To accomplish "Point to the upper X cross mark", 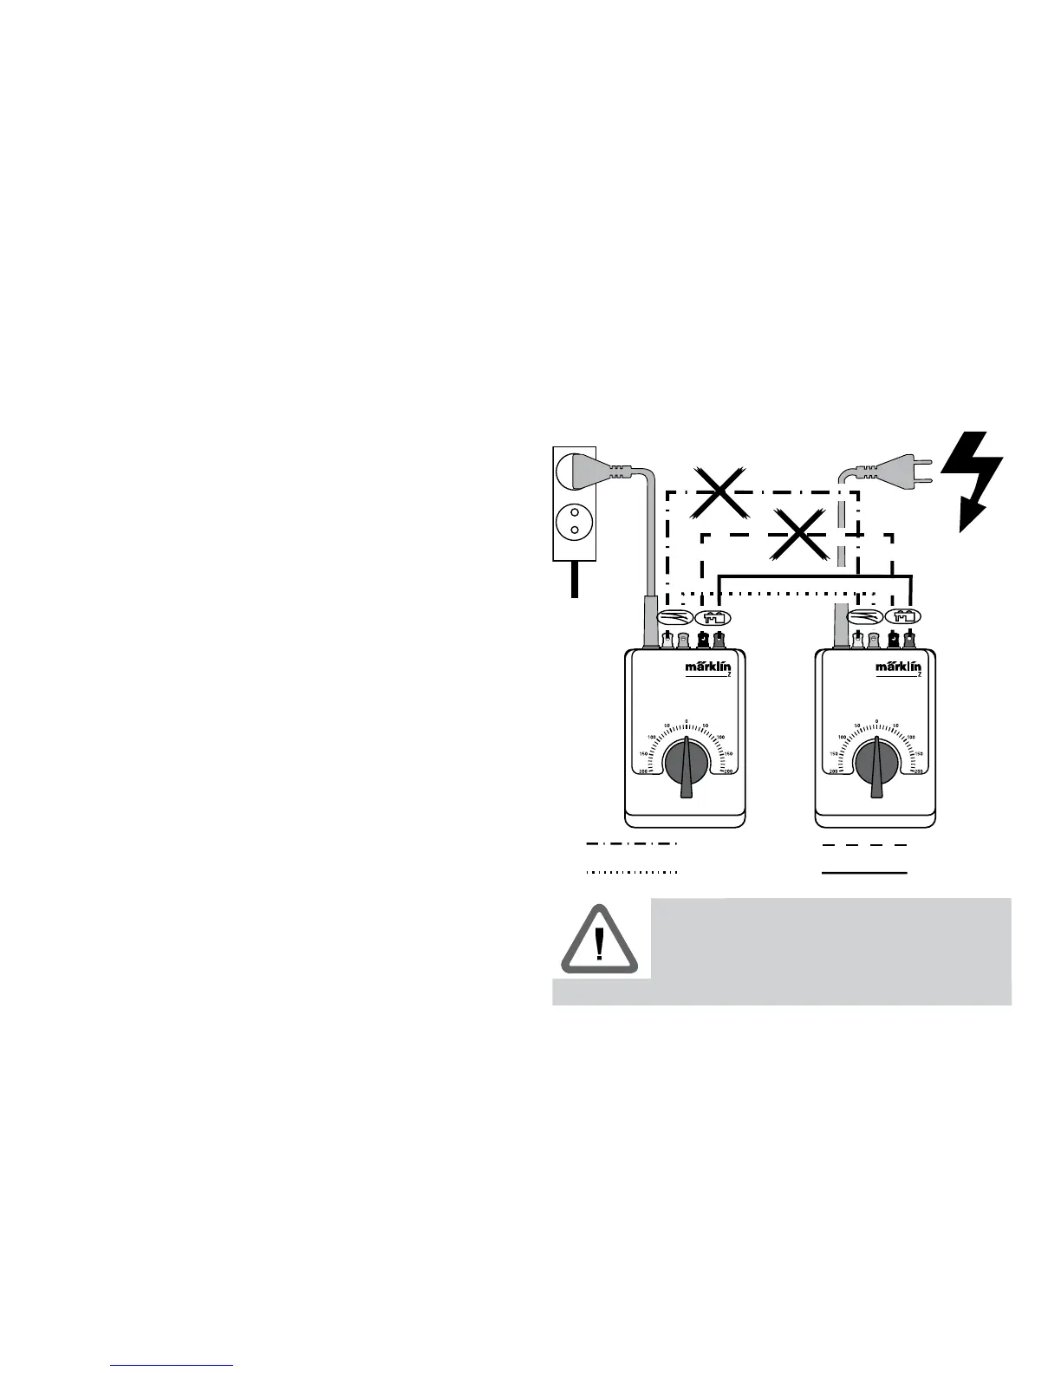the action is coord(719,492).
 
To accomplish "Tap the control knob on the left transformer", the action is coord(686,764).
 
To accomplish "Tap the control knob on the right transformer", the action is coord(876,764).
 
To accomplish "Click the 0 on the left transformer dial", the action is coord(686,721).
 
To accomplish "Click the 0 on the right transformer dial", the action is coord(876,721).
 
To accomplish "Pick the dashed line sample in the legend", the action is coord(864,843).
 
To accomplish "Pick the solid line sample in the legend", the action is coord(864,872).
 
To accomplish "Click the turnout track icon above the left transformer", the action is coord(674,617).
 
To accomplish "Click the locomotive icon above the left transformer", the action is coord(714,617).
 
